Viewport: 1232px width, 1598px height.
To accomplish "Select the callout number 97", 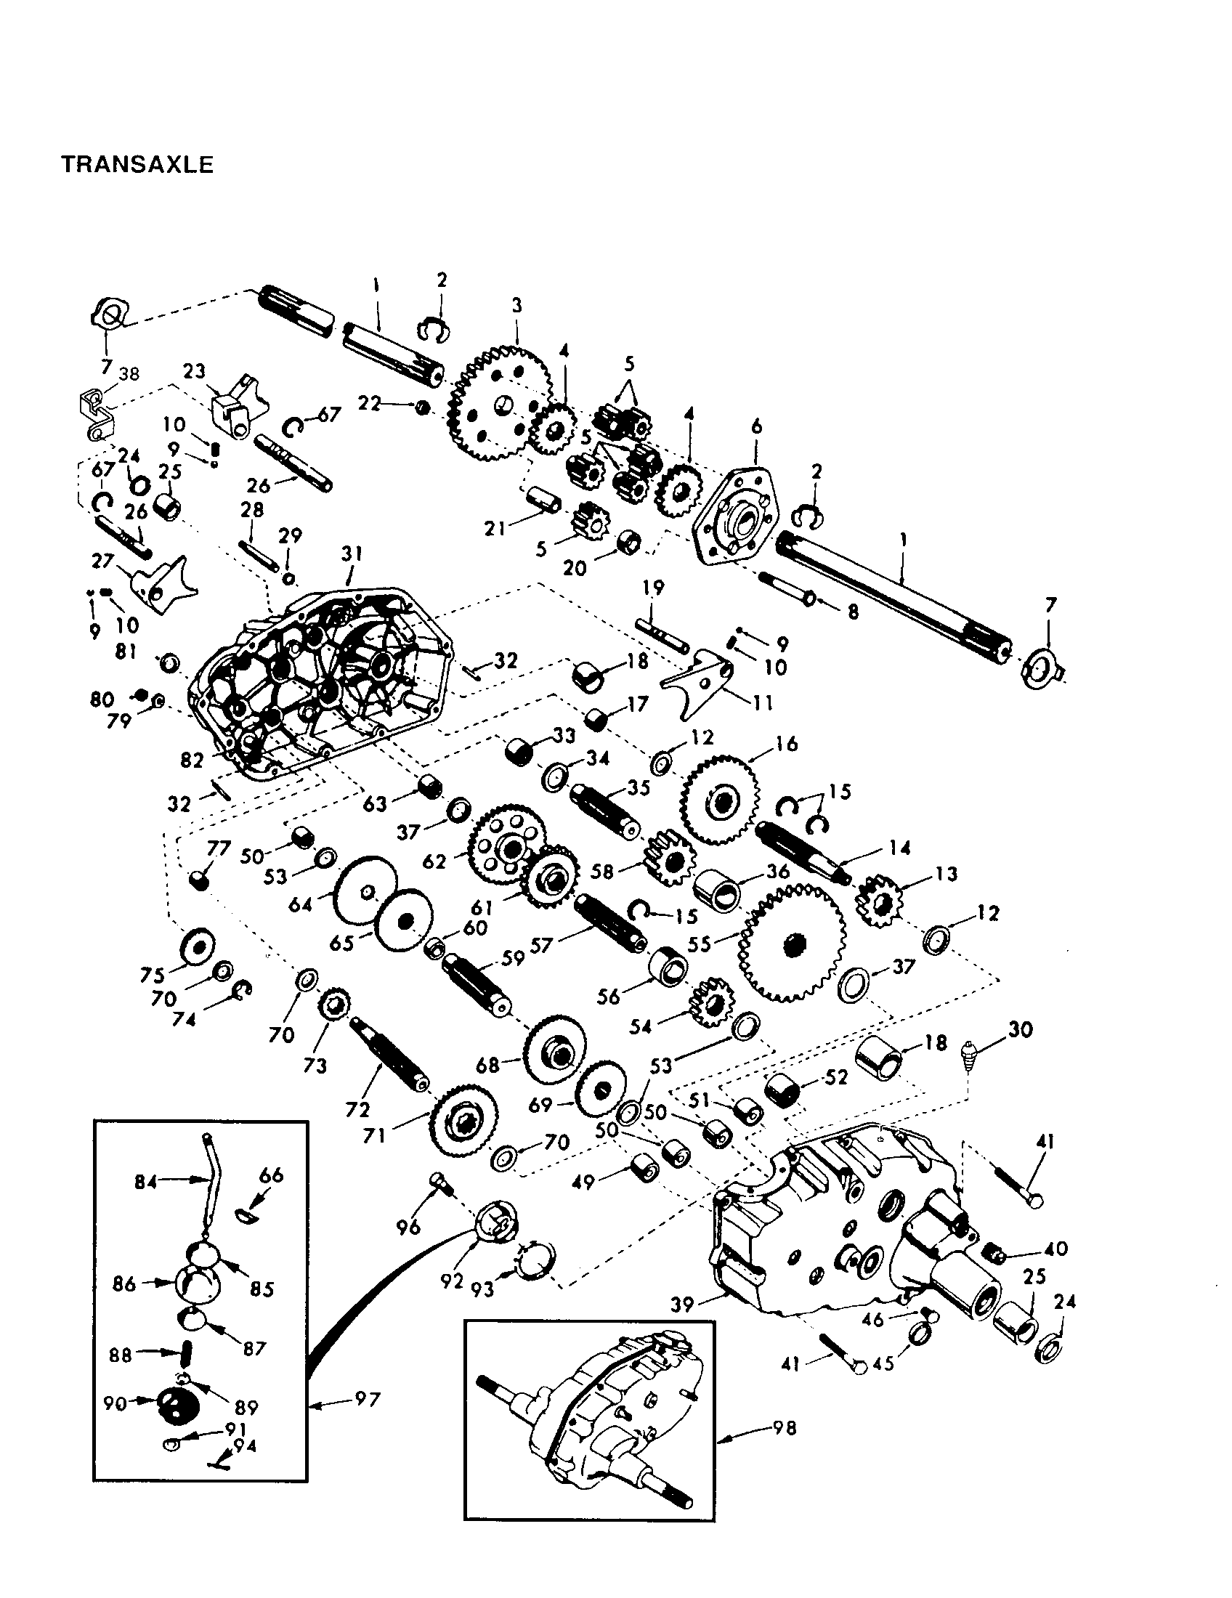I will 368,1399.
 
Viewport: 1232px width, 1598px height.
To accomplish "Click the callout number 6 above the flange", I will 756,426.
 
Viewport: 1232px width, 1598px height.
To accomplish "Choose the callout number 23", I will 194,371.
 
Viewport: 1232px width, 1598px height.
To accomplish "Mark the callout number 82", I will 192,761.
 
